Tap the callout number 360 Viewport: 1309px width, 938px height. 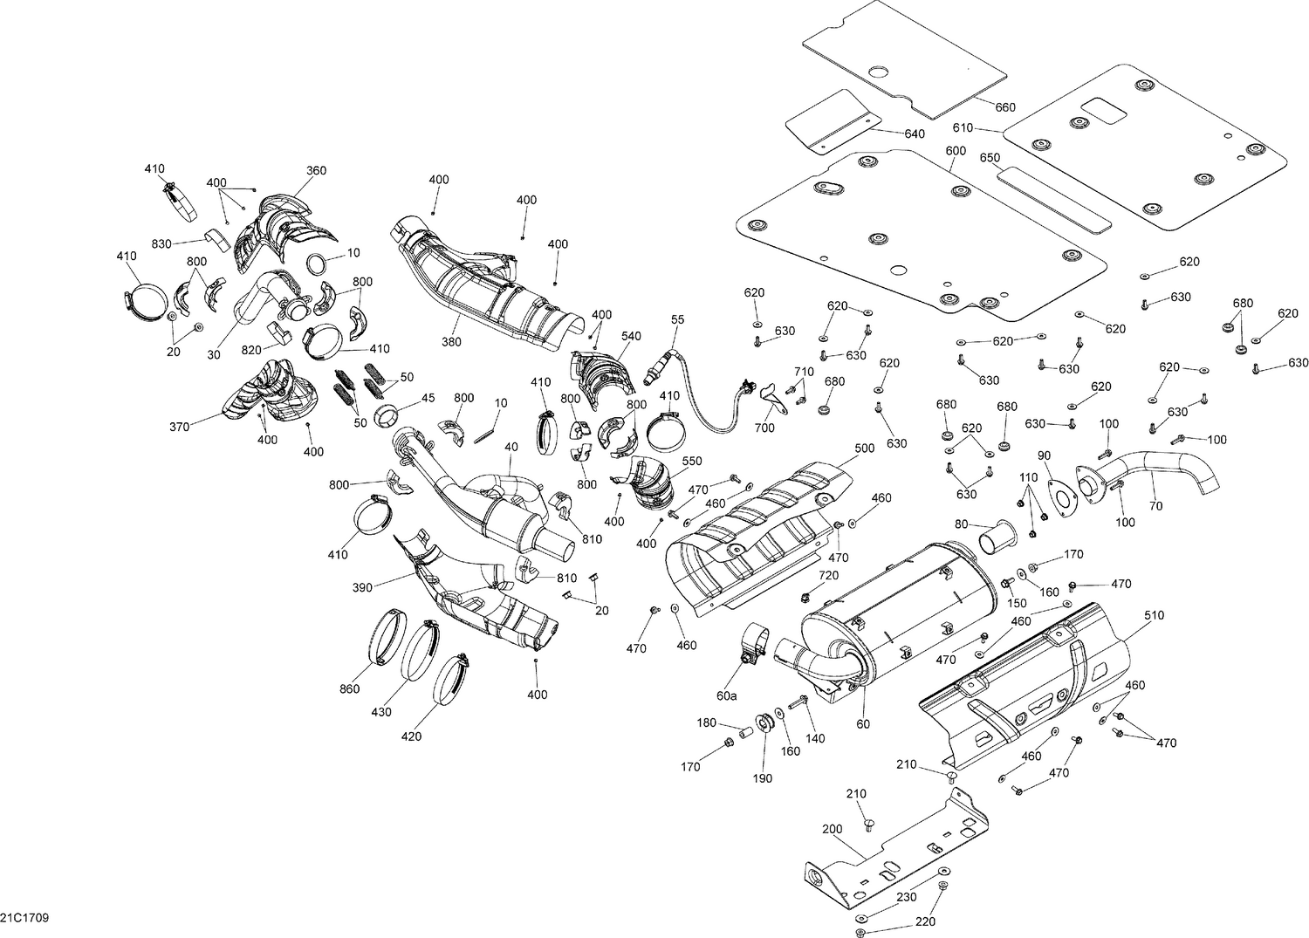coord(316,170)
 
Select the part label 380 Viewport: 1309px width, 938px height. coord(451,342)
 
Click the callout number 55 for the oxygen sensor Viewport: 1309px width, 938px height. coord(678,320)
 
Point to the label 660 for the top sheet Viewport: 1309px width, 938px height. coord(1005,107)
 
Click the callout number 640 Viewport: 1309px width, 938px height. coord(914,134)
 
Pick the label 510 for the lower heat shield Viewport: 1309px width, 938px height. coord(1154,615)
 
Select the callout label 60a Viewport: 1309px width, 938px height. coord(726,695)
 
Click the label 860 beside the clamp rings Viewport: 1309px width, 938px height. coord(349,689)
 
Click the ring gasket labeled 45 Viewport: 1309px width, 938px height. coord(387,415)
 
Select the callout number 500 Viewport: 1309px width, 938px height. coord(864,448)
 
